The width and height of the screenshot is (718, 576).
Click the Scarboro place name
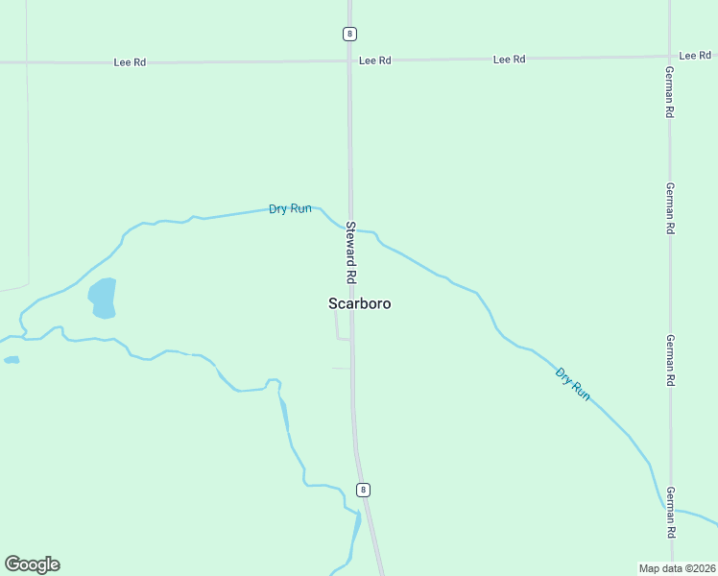coord(359,303)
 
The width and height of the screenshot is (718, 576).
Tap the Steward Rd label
coord(351,252)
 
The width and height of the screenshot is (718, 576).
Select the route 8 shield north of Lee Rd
coord(349,34)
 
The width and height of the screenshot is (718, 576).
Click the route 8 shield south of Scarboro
coord(362,490)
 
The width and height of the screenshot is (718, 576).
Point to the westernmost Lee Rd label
coord(130,62)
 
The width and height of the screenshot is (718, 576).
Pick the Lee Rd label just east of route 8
coord(374,60)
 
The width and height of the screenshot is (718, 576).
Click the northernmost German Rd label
coord(670,92)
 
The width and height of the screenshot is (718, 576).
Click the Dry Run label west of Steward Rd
coord(290,208)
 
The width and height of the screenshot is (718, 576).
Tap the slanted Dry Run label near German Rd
coord(572,383)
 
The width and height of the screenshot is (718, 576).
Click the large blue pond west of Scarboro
coord(103,298)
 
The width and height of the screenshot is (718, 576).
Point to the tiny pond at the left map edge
coord(12,360)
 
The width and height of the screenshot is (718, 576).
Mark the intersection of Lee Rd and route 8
coord(349,60)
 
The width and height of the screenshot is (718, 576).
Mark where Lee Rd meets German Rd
coord(670,56)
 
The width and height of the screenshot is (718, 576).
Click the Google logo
coord(32,564)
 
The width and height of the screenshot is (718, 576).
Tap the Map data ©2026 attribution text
coord(677,567)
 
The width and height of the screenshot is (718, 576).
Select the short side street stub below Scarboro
coord(341,338)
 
